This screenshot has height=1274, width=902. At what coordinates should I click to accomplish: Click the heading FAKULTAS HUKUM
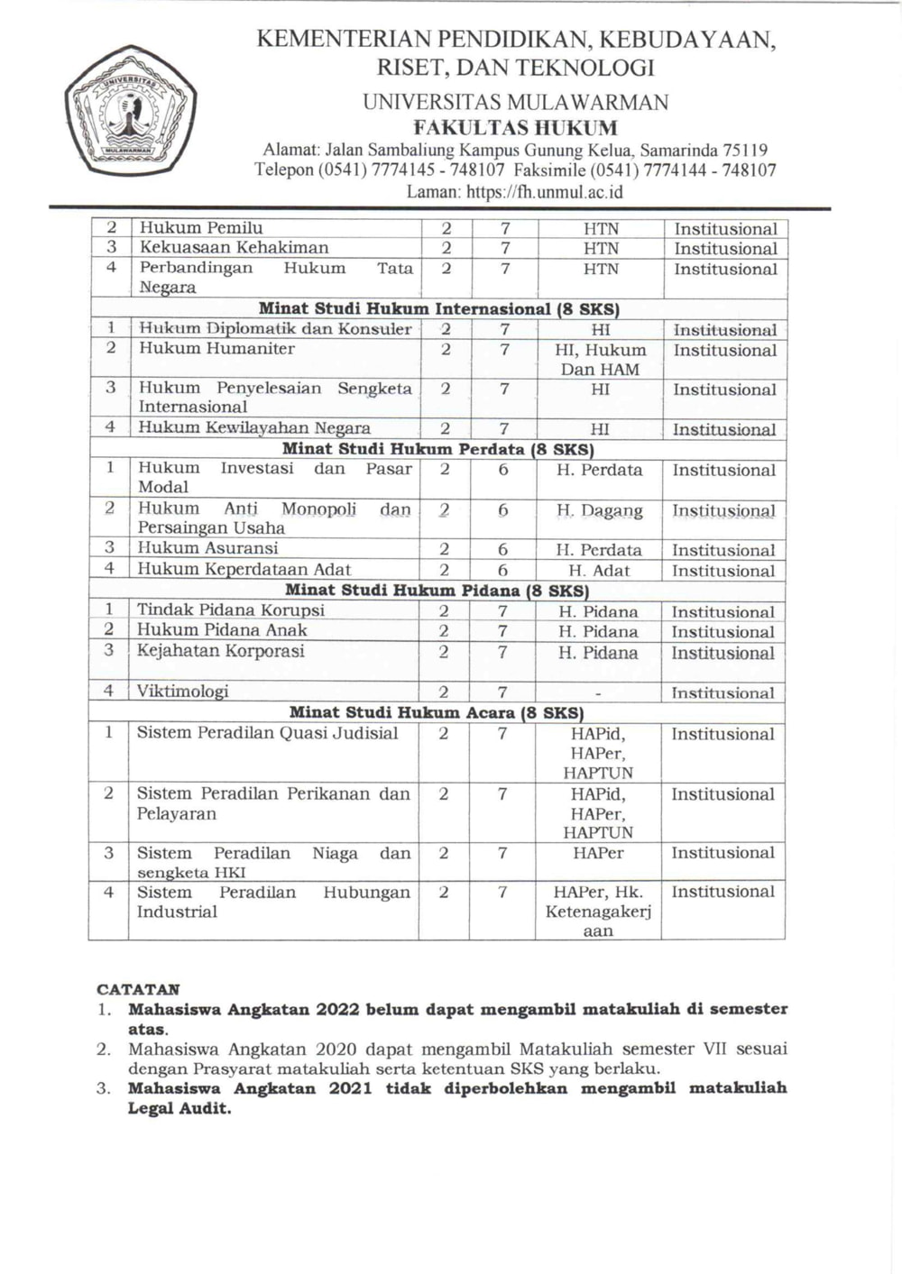tap(515, 127)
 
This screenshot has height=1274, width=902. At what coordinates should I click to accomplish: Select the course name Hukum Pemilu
tap(200, 228)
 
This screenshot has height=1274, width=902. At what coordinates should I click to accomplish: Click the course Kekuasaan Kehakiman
tap(234, 248)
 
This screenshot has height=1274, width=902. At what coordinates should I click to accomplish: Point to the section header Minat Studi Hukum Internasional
tap(438, 308)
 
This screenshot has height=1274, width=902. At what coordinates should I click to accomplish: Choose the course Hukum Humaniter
tap(216, 349)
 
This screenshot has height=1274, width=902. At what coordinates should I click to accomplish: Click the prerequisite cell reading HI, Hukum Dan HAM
tap(600, 360)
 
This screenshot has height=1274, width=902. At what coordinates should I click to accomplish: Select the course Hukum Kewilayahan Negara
tap(253, 428)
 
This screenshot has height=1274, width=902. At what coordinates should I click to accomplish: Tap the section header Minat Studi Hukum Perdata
tap(437, 448)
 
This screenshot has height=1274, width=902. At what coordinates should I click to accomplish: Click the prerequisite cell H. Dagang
tap(600, 511)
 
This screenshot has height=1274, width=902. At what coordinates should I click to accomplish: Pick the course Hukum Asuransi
tap(207, 548)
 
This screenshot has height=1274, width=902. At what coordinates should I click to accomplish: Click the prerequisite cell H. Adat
tap(599, 571)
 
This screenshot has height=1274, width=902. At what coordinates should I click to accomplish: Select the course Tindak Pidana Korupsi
tap(230, 610)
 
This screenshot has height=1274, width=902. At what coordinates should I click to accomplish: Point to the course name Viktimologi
tap(182, 692)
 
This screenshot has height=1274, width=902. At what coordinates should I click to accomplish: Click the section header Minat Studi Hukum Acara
tap(437, 712)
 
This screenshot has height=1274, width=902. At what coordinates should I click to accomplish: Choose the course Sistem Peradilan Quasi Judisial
tap(267, 733)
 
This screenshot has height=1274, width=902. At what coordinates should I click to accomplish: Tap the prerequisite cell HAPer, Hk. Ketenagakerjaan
tap(598, 912)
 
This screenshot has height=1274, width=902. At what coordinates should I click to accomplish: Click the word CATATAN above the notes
tap(138, 989)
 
